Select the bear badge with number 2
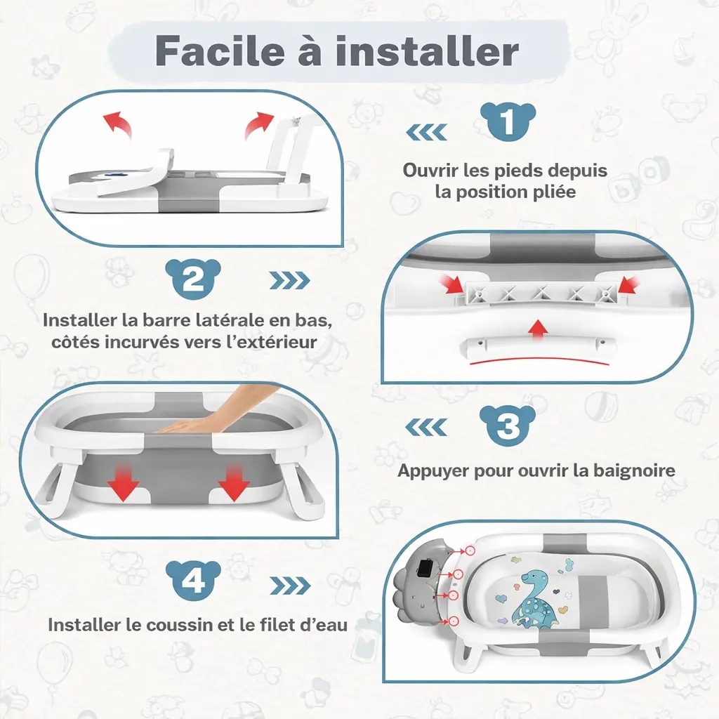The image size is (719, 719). coord(194,280)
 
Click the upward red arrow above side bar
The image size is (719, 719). coord(538,329)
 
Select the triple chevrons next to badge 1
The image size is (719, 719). coord(427,131)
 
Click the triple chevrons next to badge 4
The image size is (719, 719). coord(290,586)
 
